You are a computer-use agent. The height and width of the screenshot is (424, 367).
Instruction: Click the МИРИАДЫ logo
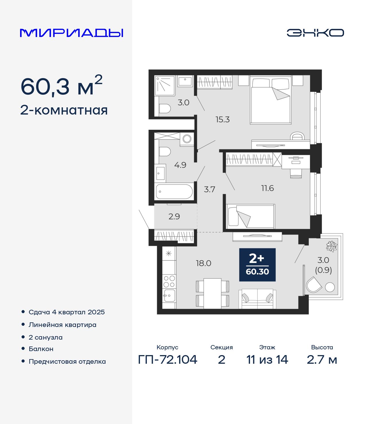coord(71,33)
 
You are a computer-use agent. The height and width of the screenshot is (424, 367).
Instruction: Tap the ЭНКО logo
coord(315,33)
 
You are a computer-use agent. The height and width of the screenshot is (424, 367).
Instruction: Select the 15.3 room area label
coord(222,119)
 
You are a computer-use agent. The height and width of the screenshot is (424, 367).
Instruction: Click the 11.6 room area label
coord(268,188)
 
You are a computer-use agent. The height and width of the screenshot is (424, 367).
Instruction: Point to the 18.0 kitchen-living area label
coord(204,263)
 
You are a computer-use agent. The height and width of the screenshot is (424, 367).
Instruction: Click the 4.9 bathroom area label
coord(180,165)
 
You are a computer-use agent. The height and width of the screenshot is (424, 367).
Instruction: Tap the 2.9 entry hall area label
coord(174,216)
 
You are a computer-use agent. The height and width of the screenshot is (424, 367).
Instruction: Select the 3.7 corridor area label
coord(209,189)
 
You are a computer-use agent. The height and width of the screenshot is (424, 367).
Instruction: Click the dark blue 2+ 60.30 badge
coord(257,265)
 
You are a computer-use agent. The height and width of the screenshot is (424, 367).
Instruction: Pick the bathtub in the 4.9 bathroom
coord(174,191)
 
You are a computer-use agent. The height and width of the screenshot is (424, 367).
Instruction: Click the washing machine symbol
coord(187,139)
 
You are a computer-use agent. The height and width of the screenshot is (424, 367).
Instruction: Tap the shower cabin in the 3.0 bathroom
coord(165,86)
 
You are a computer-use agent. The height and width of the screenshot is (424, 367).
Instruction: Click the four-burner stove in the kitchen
coord(169,281)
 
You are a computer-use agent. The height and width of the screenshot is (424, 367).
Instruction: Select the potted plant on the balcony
coord(332,246)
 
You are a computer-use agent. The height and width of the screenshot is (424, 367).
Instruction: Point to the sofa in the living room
coord(257,299)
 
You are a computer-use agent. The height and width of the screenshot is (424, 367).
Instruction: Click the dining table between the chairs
coord(212,294)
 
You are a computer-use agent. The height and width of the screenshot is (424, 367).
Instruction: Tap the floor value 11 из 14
coord(267,360)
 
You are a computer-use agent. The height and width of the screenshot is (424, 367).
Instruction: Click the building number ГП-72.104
coord(168,360)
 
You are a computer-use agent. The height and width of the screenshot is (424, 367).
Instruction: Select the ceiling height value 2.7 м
coord(322,360)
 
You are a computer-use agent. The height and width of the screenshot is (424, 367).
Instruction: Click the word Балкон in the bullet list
coord(41,349)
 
